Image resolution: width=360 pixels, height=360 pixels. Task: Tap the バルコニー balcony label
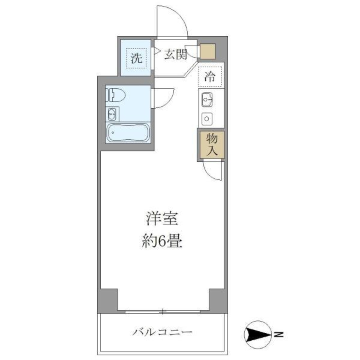point(162,332)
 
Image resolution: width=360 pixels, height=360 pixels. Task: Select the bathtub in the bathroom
point(128,133)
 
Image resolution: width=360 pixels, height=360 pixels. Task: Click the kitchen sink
point(207,99)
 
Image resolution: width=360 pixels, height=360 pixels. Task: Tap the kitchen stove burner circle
point(207,119)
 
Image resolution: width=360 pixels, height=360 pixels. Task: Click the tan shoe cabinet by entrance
point(207,51)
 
